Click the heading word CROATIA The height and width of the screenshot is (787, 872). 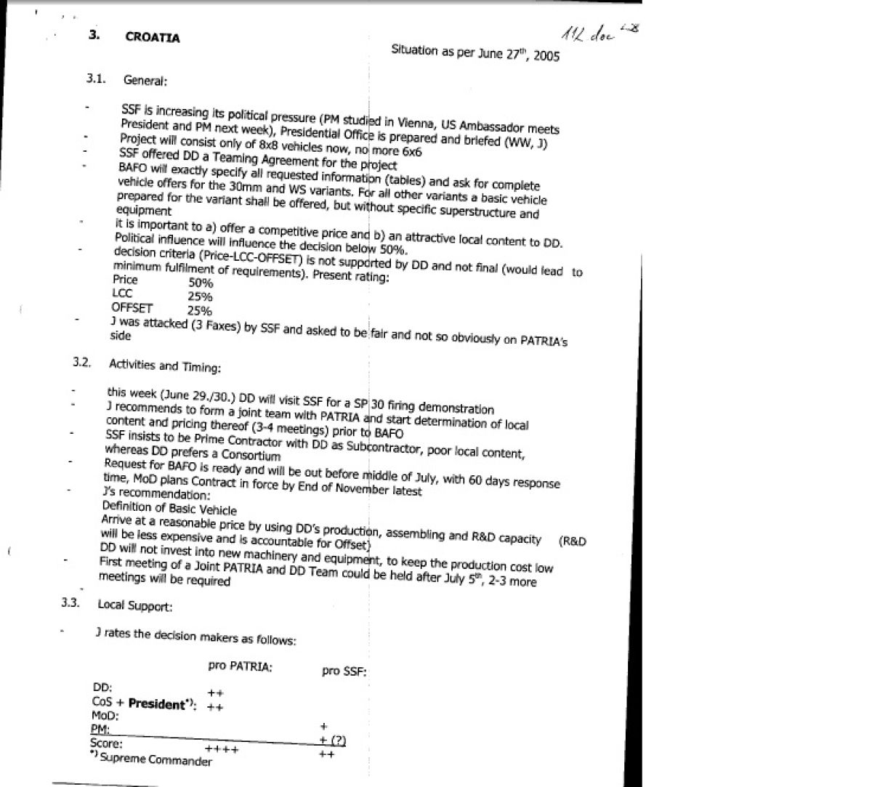click(x=152, y=37)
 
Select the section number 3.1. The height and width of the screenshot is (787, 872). click(x=97, y=78)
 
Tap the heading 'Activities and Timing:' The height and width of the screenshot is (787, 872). click(x=164, y=366)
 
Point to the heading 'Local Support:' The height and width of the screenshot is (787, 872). click(x=135, y=605)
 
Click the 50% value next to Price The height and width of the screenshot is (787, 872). click(x=201, y=283)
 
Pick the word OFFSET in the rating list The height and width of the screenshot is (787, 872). click(x=132, y=308)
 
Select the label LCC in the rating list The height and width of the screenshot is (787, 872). click(x=122, y=294)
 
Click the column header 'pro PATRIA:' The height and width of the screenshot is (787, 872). click(x=240, y=666)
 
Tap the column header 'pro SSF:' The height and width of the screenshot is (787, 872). click(x=344, y=671)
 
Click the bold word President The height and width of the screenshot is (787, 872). click(x=156, y=703)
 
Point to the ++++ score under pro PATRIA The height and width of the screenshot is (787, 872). click(x=222, y=748)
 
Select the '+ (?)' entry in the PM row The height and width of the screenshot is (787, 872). click(x=333, y=740)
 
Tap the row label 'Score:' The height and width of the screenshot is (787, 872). click(x=106, y=743)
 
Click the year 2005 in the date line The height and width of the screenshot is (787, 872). click(x=546, y=56)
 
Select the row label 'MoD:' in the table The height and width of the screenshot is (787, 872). click(x=105, y=715)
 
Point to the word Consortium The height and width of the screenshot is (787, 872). click(x=251, y=456)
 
